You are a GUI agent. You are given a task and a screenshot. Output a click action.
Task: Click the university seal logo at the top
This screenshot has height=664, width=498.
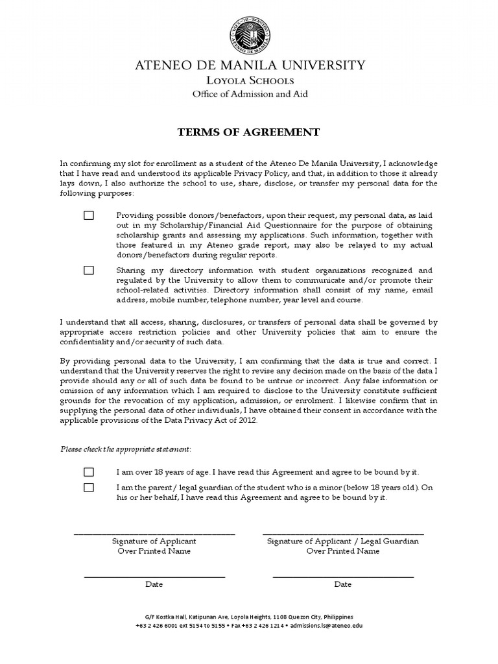pos(249,33)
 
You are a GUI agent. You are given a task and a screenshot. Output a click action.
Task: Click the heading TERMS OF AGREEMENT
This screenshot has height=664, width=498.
pos(249,132)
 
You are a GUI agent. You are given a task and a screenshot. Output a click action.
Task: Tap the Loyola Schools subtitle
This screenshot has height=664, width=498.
pos(250,80)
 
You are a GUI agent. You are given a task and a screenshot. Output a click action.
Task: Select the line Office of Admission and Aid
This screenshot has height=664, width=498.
pos(250,94)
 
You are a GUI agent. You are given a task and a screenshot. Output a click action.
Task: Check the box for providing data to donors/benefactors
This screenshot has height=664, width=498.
pos(89,215)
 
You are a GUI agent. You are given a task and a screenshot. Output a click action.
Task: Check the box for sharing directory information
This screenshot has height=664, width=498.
pos(89,270)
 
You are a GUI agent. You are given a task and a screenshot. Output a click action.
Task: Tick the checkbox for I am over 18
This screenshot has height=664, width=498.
pos(89,472)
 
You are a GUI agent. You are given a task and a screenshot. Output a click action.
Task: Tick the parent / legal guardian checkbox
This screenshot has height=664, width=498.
pos(89,487)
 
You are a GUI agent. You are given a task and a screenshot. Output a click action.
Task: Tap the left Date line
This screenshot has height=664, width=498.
pos(154,576)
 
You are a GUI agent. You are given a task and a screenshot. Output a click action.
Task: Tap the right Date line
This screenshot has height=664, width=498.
pos(343,576)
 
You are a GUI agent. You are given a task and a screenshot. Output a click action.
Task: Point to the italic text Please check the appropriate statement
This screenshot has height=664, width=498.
pos(126,449)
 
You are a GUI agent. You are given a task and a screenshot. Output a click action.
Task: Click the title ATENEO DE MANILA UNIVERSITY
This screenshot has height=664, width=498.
pos(249,65)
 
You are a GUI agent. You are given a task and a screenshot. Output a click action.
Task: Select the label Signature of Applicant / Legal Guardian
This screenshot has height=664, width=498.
pos(343,541)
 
